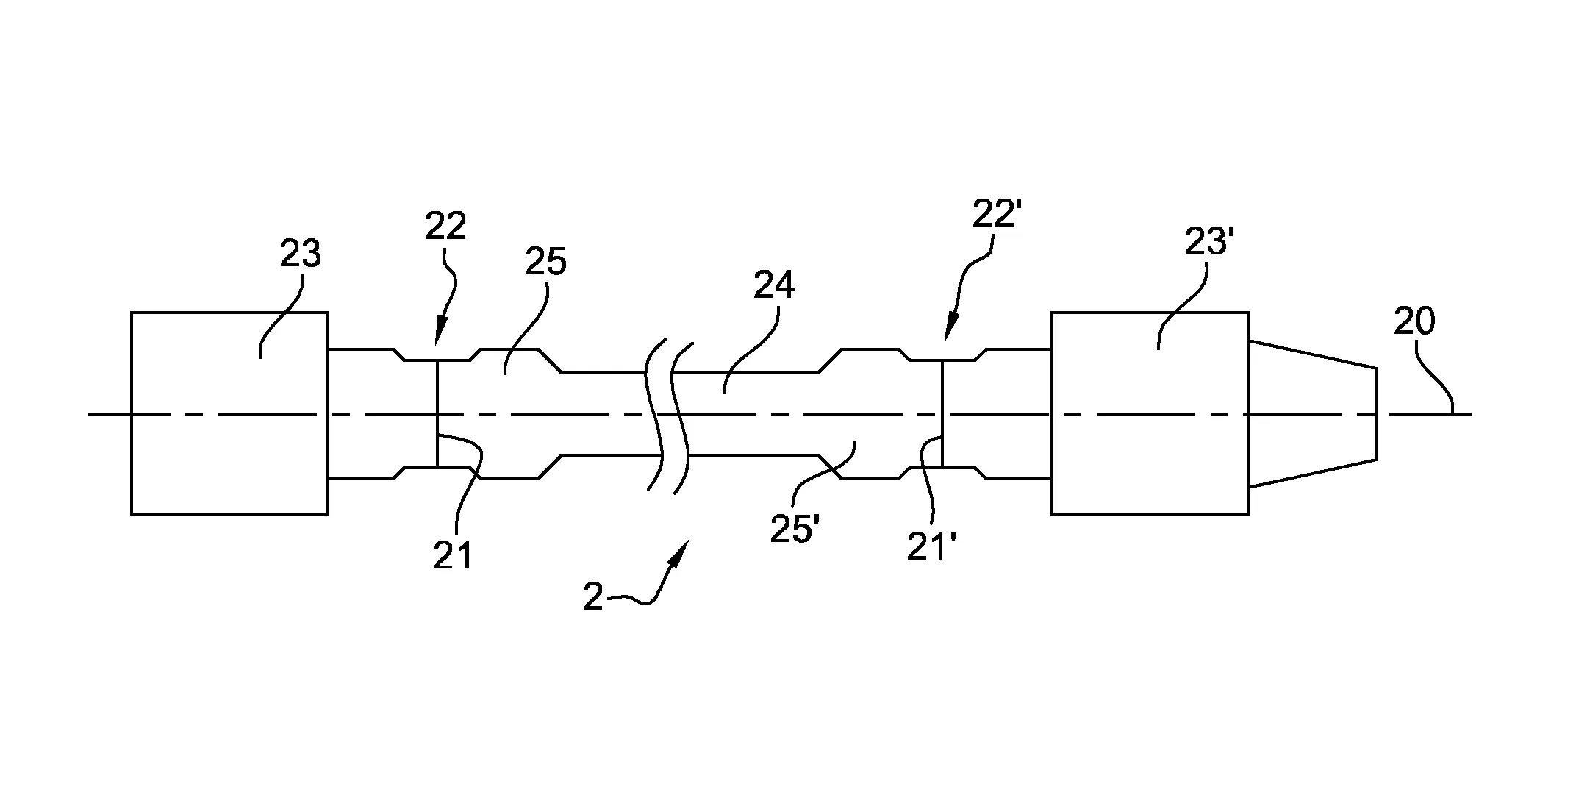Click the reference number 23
[301, 254]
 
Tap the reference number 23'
[1207, 240]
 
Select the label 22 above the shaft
[445, 227]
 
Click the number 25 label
[545, 262]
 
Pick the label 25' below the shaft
[795, 529]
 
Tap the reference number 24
[774, 285]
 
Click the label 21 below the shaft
[452, 557]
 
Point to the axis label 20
[1415, 321]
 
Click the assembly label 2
[593, 598]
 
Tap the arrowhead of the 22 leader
[440, 335]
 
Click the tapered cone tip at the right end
[1312, 414]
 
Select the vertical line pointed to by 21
[437, 413]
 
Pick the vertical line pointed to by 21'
[942, 413]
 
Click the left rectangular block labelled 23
[229, 413]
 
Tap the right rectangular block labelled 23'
[1150, 413]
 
